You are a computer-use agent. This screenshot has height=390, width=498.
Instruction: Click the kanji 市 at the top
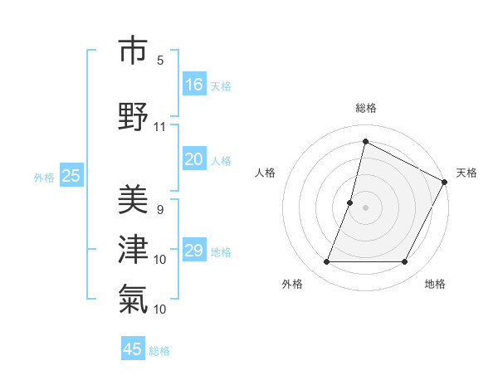134,51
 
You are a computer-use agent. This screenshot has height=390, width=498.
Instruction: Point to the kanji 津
134,248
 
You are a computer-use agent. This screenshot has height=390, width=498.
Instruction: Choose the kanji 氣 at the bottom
134,297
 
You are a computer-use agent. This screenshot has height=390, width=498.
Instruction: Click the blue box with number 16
194,85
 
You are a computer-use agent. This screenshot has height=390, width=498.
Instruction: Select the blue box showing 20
194,160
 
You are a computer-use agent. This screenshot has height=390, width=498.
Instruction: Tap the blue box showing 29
194,251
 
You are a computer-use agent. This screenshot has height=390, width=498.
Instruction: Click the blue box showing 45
133,349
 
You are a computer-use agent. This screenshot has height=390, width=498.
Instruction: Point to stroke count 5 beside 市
160,60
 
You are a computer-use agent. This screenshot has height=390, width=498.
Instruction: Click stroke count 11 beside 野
160,127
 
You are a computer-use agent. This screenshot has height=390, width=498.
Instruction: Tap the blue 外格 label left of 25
44,177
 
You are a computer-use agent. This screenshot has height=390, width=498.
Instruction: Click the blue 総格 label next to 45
159,351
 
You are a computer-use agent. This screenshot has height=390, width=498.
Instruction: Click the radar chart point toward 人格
350,202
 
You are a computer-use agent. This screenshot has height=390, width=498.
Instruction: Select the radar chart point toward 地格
405,262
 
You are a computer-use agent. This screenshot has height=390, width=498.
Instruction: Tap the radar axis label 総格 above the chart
366,108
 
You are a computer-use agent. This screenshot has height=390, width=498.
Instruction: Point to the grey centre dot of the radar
366,207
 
